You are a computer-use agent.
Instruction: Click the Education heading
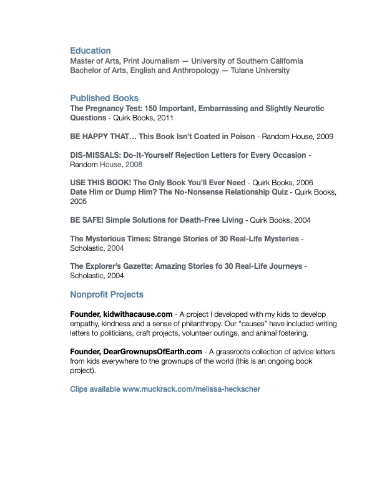(91, 51)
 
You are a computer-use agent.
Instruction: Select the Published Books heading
(104, 98)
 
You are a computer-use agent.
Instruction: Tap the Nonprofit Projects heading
(107, 294)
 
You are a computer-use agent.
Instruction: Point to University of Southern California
(247, 61)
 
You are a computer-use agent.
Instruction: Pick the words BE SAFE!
(85, 220)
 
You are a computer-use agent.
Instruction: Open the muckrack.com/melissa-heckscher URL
(191, 389)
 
